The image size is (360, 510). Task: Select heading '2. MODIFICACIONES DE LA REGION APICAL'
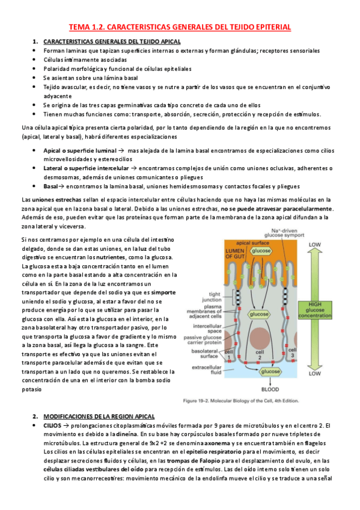[x=99, y=399]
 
